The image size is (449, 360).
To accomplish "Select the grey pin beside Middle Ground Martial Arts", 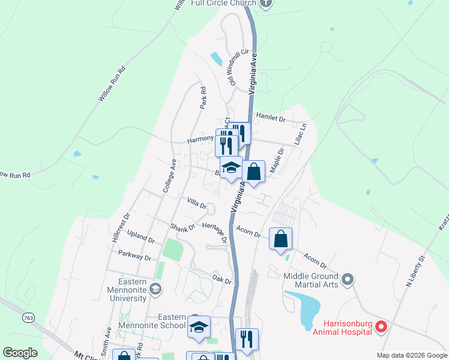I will pos(347,279).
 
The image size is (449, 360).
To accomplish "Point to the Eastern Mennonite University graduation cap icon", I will pos(155,290).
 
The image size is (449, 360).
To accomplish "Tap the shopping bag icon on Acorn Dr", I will pos(280,240).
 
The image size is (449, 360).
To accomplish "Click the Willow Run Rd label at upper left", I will pos(113,83).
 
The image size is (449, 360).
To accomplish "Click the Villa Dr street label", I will pos(196,202).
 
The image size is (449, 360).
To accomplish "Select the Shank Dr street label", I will pos(182,228).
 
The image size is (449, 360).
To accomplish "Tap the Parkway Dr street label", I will pos(134,256).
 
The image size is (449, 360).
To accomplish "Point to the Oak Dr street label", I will pos(221,278).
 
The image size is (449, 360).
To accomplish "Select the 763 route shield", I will pos(28,317).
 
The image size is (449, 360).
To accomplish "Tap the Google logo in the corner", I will pos(20,353).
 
